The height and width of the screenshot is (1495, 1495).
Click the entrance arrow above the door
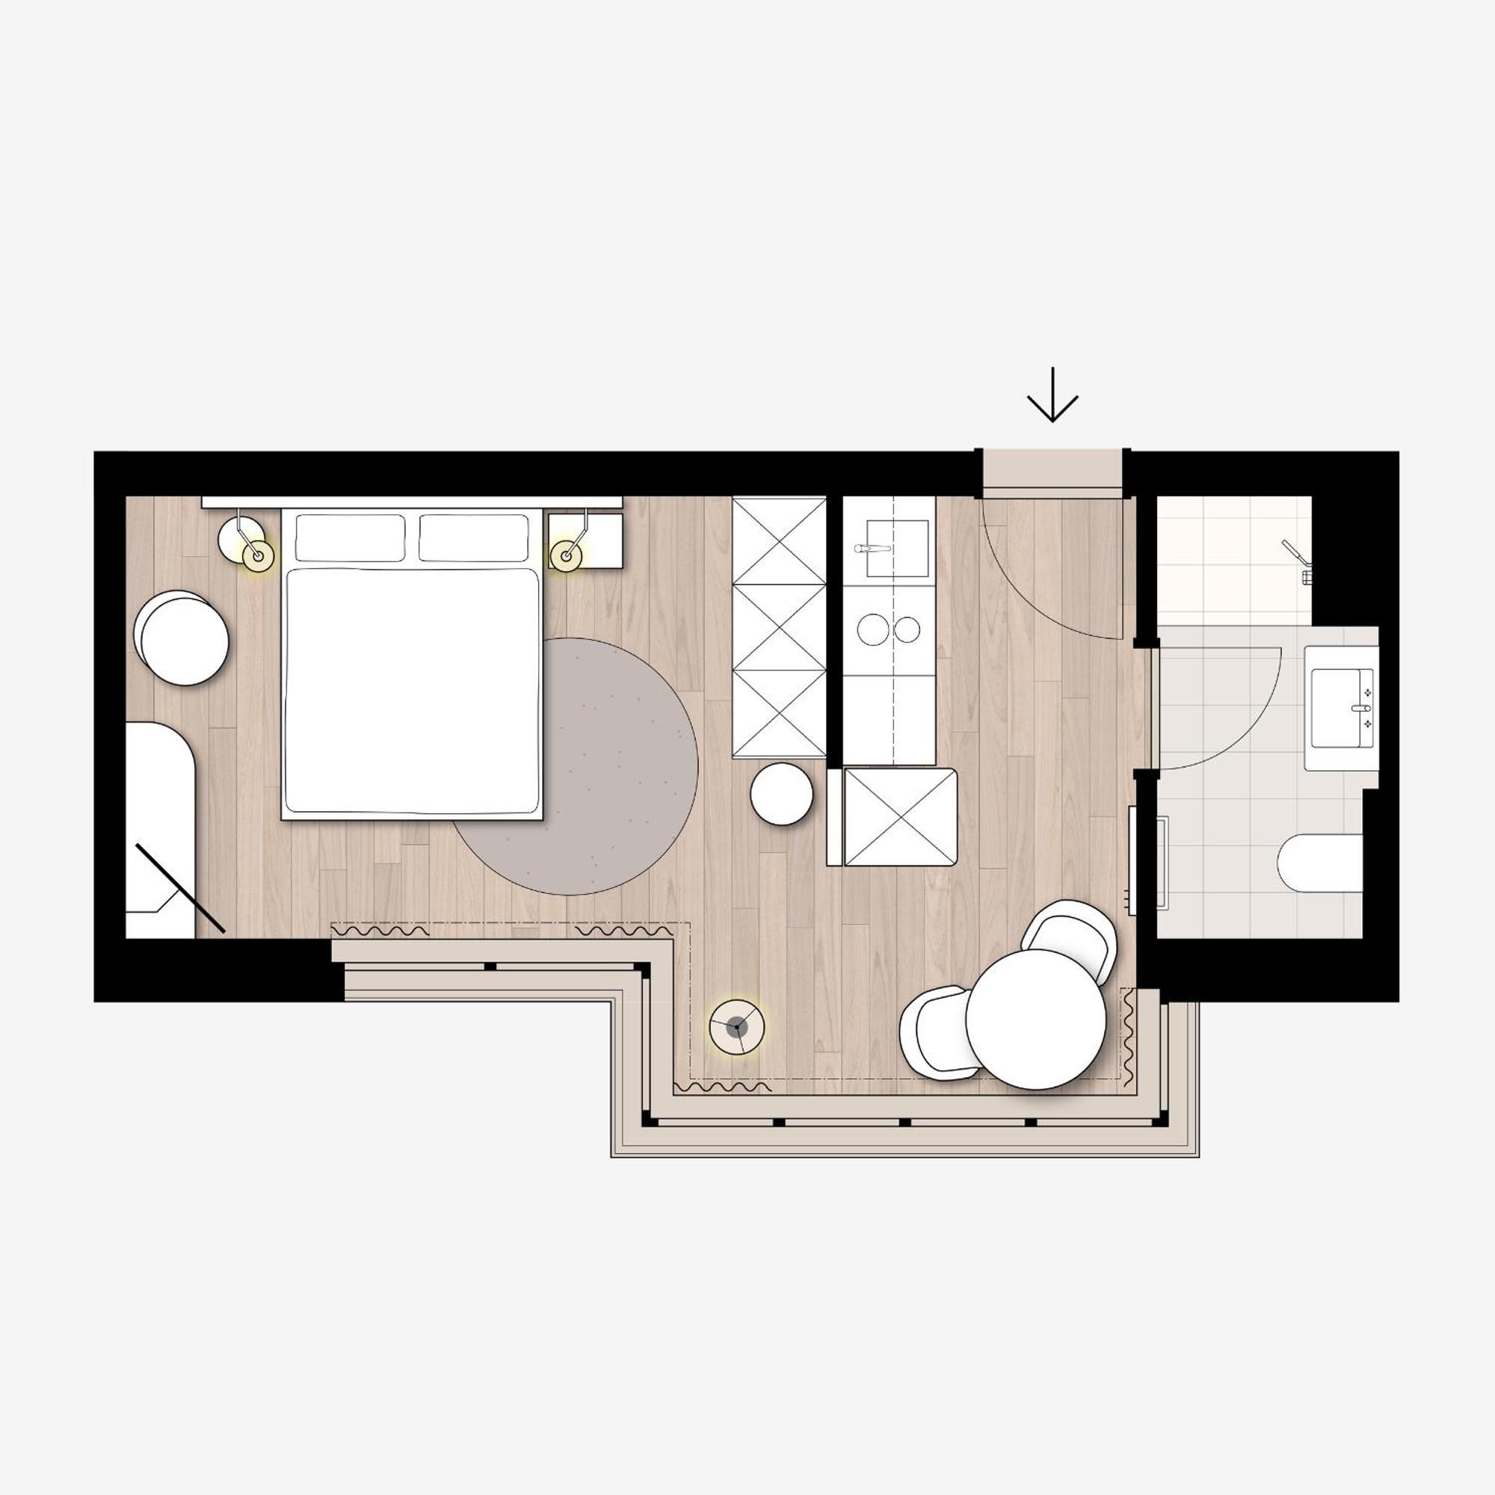pos(1052,397)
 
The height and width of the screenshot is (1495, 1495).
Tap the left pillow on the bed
pos(350,537)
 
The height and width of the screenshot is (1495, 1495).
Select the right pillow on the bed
pos(474,537)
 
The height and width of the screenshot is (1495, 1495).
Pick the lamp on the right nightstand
pos(567,555)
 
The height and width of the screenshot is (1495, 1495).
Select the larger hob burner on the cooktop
pos(874,629)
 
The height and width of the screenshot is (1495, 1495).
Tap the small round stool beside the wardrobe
pos(782,793)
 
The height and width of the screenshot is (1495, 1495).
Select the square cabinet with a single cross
pos(900,816)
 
